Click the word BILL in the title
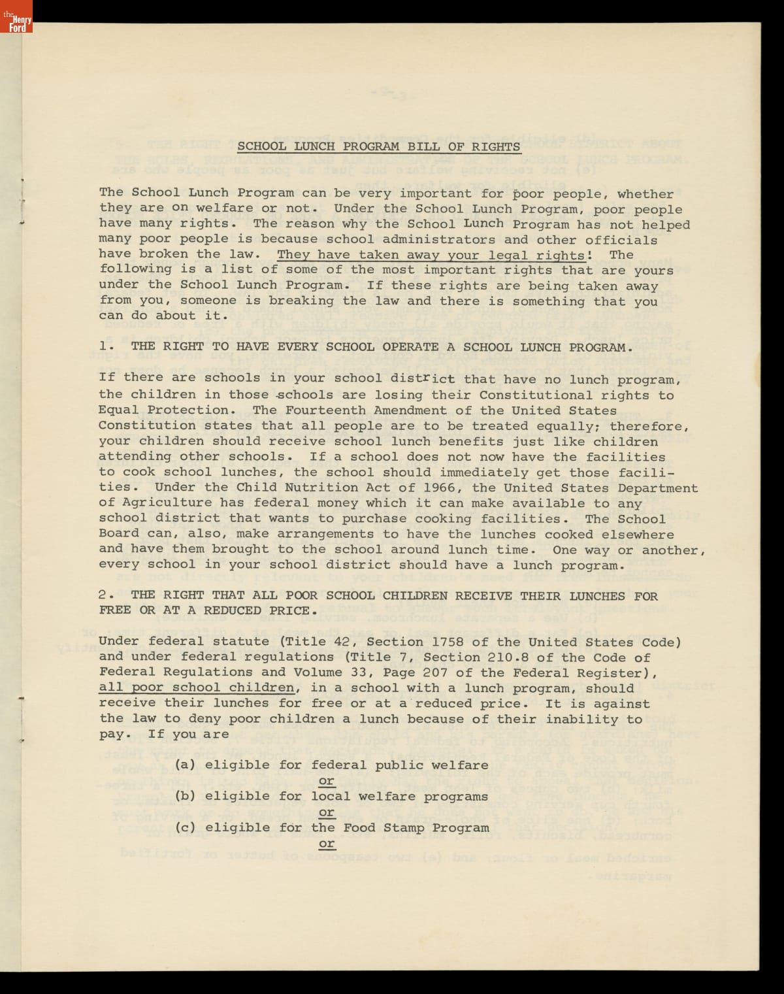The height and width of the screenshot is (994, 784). point(424,146)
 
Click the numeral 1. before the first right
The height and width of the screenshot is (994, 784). point(107,347)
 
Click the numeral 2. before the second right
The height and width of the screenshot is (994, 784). point(107,595)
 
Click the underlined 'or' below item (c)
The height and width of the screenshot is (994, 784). point(327,844)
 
